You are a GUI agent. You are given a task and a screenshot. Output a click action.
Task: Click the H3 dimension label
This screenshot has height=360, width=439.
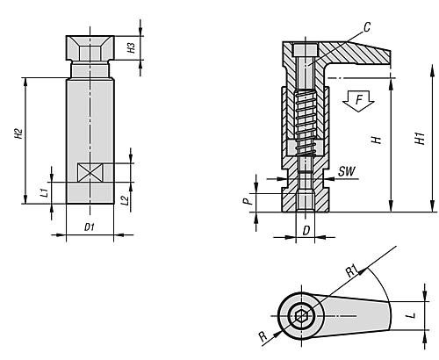point(132,47)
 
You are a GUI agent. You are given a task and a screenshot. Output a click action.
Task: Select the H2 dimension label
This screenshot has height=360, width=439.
point(19,133)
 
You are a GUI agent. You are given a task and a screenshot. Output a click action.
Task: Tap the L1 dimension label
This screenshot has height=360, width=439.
point(44,192)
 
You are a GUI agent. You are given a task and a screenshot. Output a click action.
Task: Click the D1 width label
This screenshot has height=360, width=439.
point(90,227)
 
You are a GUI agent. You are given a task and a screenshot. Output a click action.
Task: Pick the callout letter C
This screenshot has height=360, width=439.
point(367,27)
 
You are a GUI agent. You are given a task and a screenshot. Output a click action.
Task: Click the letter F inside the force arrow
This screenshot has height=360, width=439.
point(359,100)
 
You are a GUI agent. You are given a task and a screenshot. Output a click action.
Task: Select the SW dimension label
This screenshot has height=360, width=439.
point(347,171)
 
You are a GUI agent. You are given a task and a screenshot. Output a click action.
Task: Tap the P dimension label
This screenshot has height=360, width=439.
point(248,201)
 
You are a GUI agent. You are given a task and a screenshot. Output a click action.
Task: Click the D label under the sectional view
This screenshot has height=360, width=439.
point(306,231)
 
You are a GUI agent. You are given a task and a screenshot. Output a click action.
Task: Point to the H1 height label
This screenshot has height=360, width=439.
point(421,138)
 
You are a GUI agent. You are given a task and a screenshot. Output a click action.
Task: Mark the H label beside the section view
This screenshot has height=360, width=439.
point(378,140)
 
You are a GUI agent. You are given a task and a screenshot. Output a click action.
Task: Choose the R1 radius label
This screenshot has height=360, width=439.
point(352,271)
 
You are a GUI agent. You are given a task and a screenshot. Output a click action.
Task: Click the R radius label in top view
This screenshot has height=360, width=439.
point(263,336)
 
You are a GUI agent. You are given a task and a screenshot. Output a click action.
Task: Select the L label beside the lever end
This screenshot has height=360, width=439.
point(412,315)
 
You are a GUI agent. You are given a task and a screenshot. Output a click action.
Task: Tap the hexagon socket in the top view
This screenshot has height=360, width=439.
point(300,316)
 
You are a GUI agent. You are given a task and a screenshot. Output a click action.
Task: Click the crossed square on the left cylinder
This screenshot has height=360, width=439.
point(90,172)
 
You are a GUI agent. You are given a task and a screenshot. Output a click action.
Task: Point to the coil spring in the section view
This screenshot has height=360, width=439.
point(305,124)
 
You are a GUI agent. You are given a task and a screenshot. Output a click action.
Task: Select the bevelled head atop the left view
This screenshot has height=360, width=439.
point(90,48)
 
